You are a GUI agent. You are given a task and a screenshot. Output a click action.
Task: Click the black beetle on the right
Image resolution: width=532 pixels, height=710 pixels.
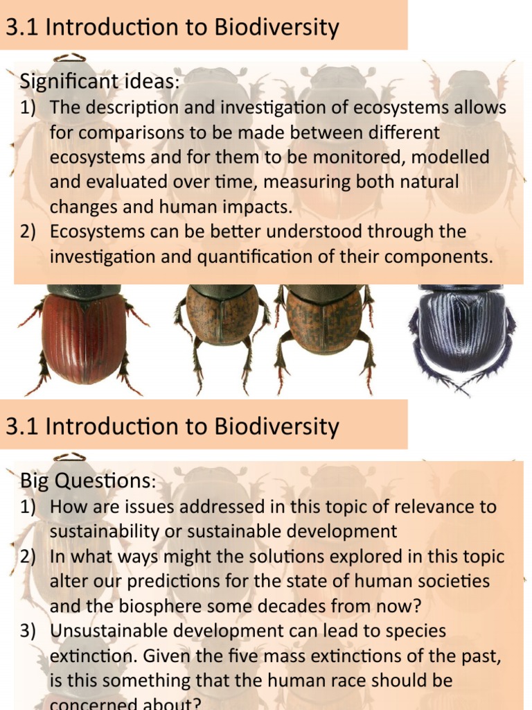[x=461, y=333]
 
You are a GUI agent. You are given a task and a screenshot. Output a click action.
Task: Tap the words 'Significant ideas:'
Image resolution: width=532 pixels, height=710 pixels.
[x=99, y=82]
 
